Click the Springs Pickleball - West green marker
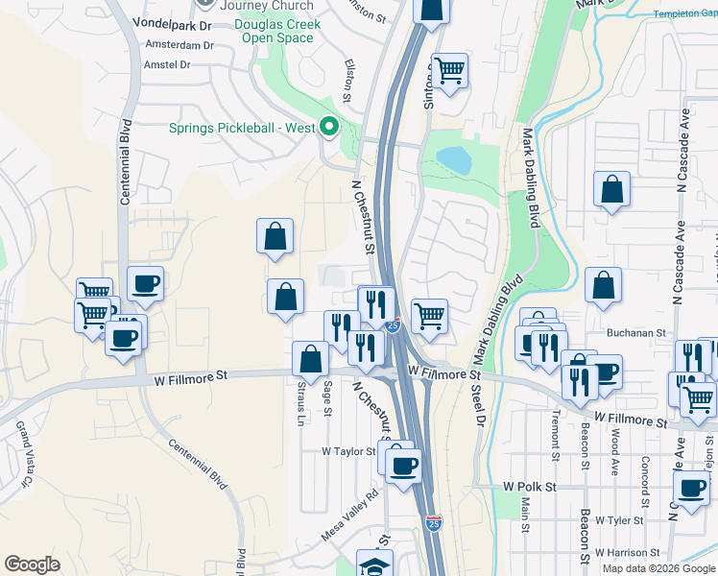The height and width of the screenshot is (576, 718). (x=329, y=127)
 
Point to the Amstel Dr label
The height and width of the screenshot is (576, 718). (x=167, y=64)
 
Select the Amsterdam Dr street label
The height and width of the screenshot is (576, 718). (x=179, y=45)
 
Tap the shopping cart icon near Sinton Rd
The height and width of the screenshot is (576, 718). (x=448, y=70)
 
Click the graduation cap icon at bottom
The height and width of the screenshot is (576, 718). (x=374, y=564)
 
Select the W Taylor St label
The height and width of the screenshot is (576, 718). (x=347, y=450)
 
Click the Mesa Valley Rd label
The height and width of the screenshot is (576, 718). (x=351, y=516)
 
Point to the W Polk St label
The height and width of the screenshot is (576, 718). (x=529, y=488)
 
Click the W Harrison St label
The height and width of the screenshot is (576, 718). (x=626, y=553)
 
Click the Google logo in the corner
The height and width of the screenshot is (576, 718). (x=33, y=564)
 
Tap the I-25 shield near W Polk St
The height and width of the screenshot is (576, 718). (x=434, y=523)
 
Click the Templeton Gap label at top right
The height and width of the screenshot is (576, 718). (x=684, y=13)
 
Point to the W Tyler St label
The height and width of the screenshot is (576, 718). (x=619, y=520)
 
